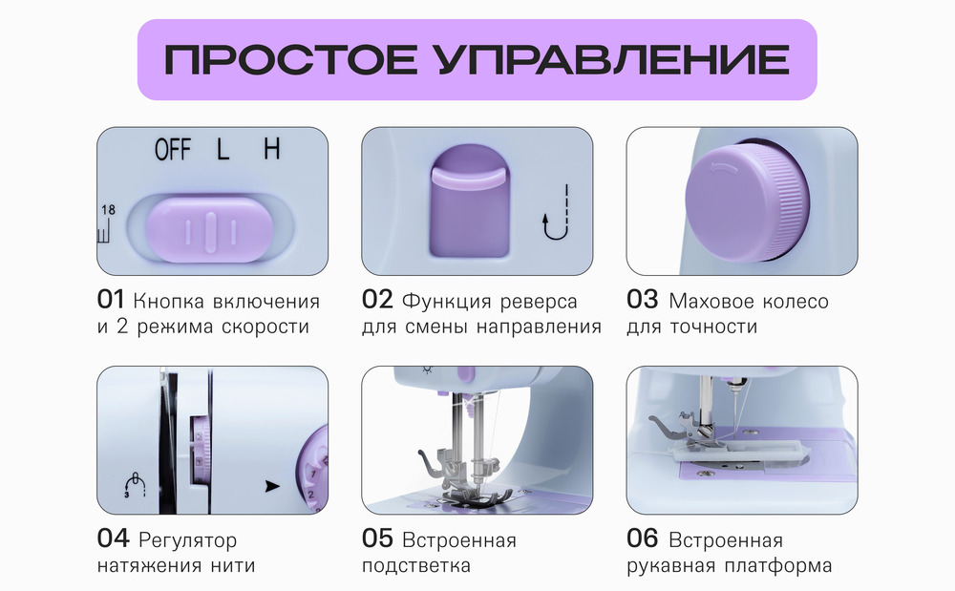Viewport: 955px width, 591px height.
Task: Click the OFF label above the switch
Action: click(173, 150)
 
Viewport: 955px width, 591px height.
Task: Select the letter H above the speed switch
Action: click(272, 149)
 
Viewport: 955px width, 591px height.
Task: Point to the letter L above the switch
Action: click(223, 150)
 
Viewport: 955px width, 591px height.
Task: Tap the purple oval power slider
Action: click(210, 230)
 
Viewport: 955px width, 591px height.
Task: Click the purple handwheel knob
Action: click(743, 200)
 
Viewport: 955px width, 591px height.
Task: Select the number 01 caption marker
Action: click(111, 301)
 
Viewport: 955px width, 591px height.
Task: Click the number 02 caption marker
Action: click(377, 301)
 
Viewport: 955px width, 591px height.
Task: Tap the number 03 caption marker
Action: click(642, 301)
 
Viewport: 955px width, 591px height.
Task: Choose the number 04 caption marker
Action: click(113, 539)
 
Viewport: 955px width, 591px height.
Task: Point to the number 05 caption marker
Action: click(377, 539)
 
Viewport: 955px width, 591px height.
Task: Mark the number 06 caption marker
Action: click(642, 539)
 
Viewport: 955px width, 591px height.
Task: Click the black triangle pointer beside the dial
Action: click(274, 485)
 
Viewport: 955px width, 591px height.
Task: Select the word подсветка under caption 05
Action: click(416, 565)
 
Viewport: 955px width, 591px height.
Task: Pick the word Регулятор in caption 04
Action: click(188, 541)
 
